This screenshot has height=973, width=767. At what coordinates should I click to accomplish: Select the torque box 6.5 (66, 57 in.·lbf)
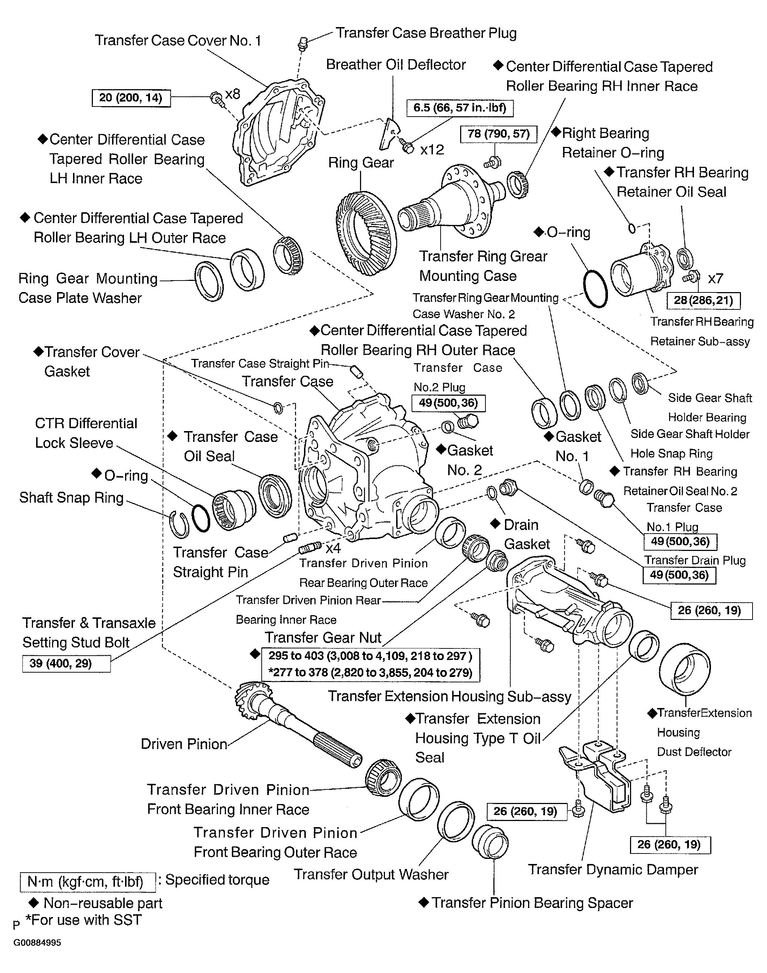click(x=460, y=108)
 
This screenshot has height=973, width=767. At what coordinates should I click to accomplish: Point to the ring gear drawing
click(x=366, y=233)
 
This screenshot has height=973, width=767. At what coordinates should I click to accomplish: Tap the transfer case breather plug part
click(x=302, y=44)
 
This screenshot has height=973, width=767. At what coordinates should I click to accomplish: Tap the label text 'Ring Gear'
click(x=361, y=163)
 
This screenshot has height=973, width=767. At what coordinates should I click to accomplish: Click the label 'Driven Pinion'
click(x=184, y=744)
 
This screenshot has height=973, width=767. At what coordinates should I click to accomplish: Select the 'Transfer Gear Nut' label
click(x=322, y=638)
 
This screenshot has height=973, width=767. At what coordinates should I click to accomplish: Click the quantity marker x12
click(x=432, y=150)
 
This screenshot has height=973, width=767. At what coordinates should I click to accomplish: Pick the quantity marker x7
click(x=715, y=279)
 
